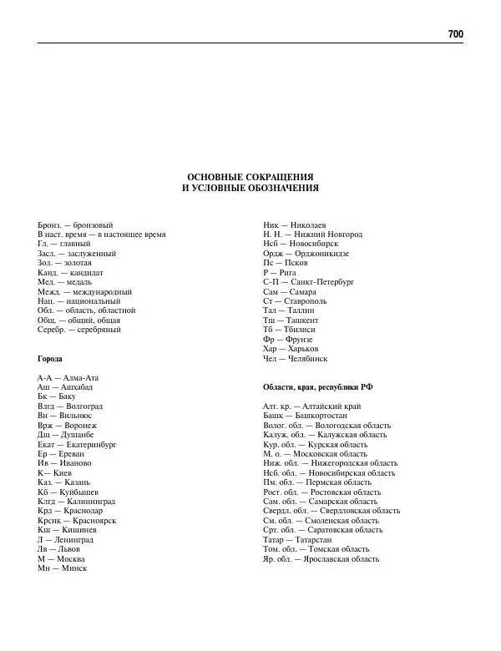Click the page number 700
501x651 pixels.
(455, 34)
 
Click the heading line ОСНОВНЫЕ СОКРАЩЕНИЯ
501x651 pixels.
(250, 177)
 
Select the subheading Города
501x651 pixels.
(50, 358)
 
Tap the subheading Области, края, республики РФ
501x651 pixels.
(317, 386)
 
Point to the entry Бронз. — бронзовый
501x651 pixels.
(75, 225)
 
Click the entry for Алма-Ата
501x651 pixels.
(73, 378)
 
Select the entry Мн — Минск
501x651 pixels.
(62, 568)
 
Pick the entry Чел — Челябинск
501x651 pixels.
(295, 358)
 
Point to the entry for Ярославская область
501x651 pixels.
(321, 558)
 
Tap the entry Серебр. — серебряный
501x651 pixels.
(79, 330)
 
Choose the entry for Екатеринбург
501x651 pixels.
(77, 444)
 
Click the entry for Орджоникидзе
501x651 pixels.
(306, 254)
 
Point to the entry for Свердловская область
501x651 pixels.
(331, 511)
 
